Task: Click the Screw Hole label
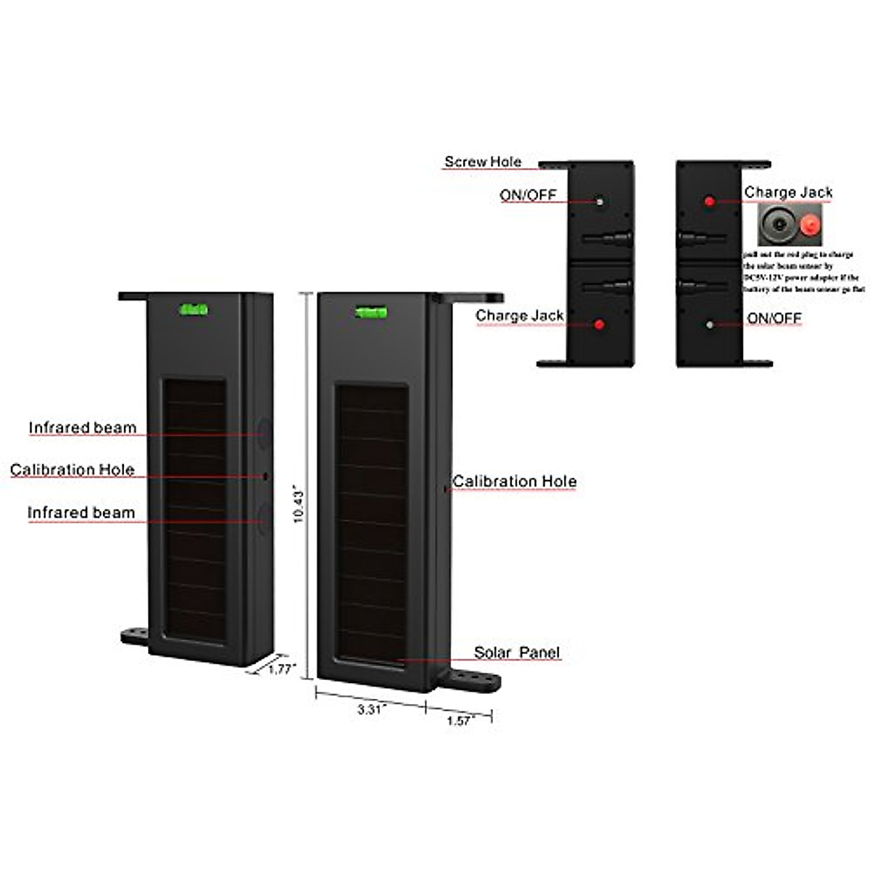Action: pos(483,162)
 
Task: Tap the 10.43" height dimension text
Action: pos(299,505)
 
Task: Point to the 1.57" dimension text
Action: pos(460,721)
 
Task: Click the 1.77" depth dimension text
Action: pos(281,669)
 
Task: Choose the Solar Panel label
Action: pos(517,652)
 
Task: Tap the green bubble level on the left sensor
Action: pos(194,310)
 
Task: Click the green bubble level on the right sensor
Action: pos(371,312)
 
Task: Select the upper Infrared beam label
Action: pos(82,428)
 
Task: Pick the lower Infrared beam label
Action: pos(81,513)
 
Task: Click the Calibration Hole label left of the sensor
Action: pos(72,470)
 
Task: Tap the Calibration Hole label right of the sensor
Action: pos(515,481)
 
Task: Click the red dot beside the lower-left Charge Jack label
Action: pos(599,324)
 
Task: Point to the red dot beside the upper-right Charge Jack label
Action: pos(710,201)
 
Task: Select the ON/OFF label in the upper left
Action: pos(528,195)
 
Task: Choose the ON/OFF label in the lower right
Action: pos(774,318)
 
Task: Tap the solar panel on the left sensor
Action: pos(194,511)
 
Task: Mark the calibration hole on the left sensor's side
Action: pos(265,476)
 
